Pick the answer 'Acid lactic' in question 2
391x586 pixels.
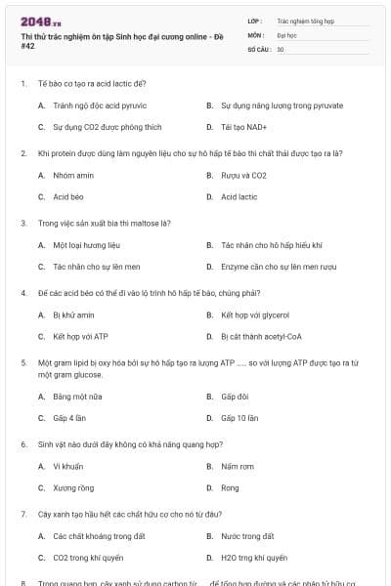pos(239,196)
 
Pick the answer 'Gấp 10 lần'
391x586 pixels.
pos(239,418)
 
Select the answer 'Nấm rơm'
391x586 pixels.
pos(237,466)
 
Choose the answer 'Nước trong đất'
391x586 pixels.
pos(247,536)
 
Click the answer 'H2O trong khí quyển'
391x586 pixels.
pos(254,558)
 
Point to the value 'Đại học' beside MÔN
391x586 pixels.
pos(286,33)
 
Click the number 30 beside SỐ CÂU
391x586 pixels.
pos(281,48)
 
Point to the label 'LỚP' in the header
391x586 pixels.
pos(255,20)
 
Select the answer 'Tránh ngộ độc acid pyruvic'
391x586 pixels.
pos(99,105)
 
